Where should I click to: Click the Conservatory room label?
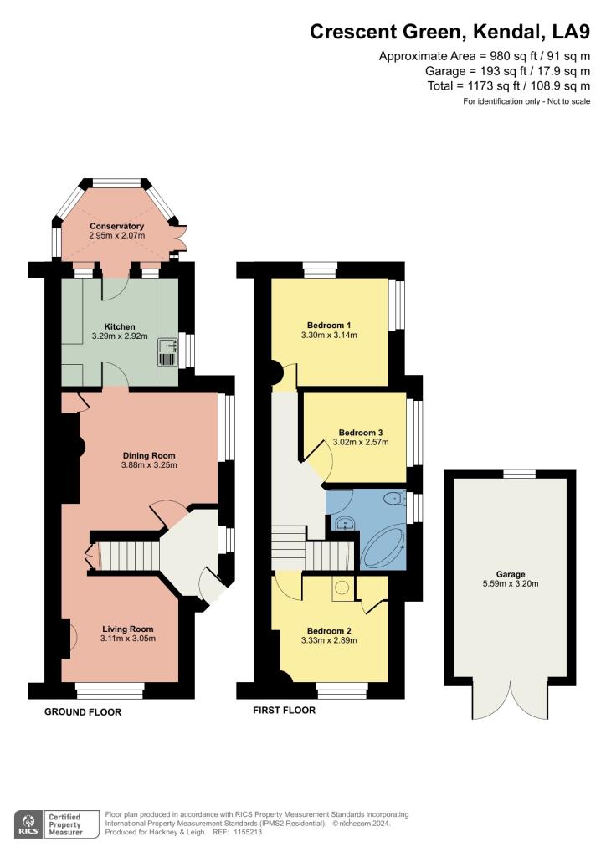[x=116, y=226]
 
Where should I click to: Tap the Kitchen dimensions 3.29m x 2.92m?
[x=120, y=337]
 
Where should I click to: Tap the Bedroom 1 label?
[x=328, y=325]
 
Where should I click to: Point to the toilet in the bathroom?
[x=390, y=500]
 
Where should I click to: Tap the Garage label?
[x=510, y=574]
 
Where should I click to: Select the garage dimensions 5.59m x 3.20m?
[x=510, y=585]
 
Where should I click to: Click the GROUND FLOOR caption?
[x=83, y=712]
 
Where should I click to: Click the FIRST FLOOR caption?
[x=285, y=711]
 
